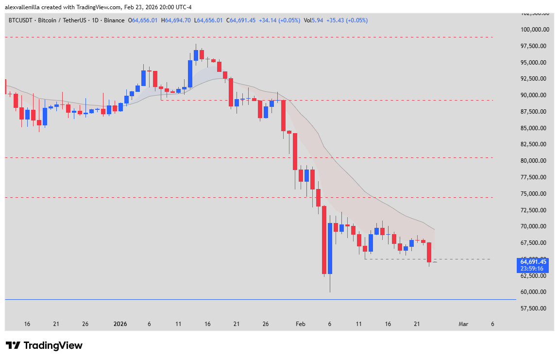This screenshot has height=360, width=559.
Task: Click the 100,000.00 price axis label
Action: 534,30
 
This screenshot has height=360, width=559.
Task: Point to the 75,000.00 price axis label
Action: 534,194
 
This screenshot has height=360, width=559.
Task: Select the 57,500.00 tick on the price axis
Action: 534,309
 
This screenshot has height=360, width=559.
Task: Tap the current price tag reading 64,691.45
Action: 533,262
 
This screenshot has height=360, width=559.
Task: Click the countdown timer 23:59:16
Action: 533,268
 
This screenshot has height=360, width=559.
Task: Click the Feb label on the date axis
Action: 301,324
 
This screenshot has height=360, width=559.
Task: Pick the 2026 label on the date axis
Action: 120,324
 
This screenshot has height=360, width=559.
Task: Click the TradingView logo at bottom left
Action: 44,345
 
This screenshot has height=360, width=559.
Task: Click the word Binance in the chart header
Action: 114,20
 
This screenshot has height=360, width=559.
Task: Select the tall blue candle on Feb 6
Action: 330,248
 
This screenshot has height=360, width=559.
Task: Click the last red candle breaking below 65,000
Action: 429,252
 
